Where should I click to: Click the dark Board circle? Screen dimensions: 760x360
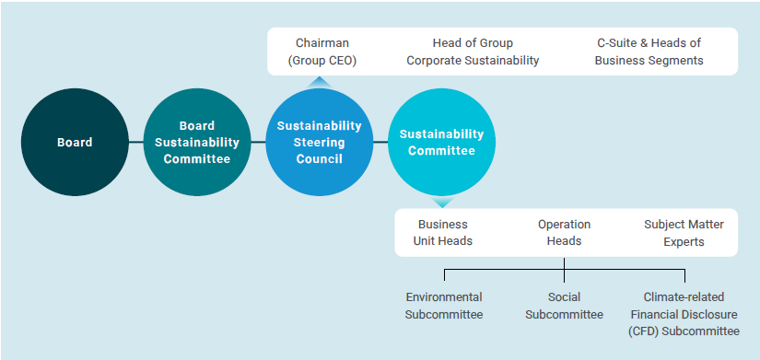[74, 143]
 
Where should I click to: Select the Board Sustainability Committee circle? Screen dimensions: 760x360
[195, 143]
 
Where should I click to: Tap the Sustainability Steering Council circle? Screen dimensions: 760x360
[319, 143]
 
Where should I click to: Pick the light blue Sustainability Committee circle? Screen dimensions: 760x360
[441, 143]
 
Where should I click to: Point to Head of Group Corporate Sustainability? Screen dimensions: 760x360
[473, 52]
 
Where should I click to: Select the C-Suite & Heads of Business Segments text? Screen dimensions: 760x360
[649, 52]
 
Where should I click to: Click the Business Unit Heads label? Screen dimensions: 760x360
[443, 232]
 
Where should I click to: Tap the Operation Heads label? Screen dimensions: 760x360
[564, 232]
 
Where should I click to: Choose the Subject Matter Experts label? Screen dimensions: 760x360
[684, 232]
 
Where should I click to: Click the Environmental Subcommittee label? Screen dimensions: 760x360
[443, 306]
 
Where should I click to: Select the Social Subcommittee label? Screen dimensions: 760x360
[564, 306]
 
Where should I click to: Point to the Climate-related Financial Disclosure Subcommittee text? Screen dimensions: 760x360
[684, 314]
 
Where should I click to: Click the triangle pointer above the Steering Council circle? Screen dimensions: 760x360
[319, 81]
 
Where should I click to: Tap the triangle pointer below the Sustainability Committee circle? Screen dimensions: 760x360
[441, 202]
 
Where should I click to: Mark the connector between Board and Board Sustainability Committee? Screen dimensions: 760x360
[134, 143]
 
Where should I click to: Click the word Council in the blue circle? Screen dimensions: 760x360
[320, 159]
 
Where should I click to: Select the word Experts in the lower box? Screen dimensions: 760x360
[683, 241]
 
